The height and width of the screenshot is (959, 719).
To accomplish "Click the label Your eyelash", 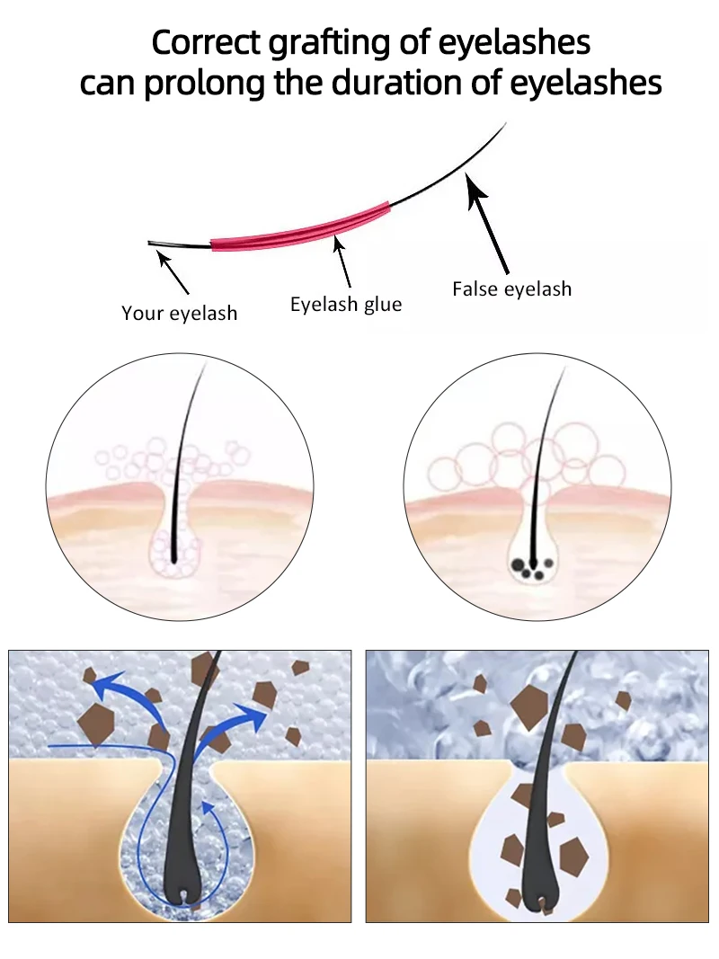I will pos(180,313).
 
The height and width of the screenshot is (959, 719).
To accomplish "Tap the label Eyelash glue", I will pos(346,304).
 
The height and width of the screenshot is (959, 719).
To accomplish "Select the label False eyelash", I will pos(511,289).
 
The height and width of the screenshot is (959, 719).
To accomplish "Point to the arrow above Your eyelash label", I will pos(173,272).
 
